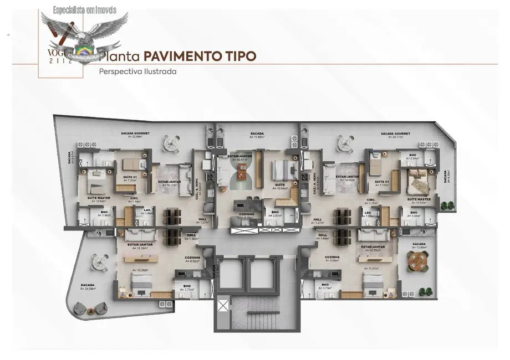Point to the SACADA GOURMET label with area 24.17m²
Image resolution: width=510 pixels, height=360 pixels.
[x=395, y=135]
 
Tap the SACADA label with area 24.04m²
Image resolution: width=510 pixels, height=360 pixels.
[x=88, y=287]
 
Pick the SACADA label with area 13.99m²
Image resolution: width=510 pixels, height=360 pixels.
[x=419, y=245]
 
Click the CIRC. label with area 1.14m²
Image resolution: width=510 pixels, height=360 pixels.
[x=135, y=200]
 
